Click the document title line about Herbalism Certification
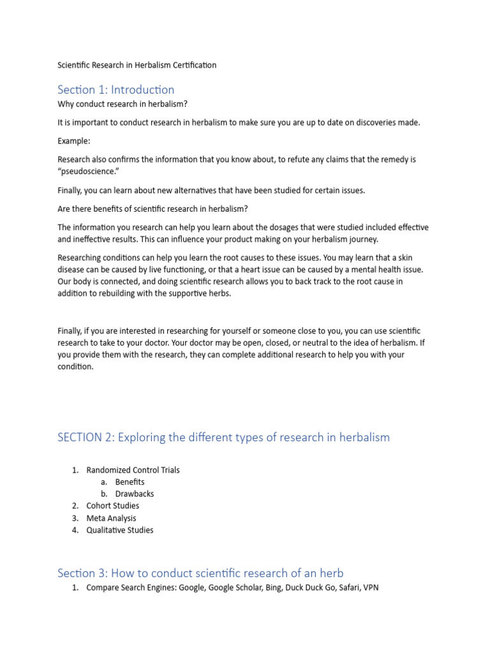(137, 65)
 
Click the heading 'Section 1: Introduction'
(115, 89)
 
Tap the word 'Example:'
(75, 141)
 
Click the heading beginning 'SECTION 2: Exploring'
(223, 437)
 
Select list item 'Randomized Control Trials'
(133, 470)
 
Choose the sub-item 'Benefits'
(130, 482)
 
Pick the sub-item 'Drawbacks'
(134, 494)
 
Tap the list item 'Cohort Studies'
(112, 506)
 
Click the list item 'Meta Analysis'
(111, 518)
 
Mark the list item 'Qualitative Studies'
(120, 530)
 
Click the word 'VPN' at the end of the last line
(370, 587)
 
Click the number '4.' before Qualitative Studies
(75, 530)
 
